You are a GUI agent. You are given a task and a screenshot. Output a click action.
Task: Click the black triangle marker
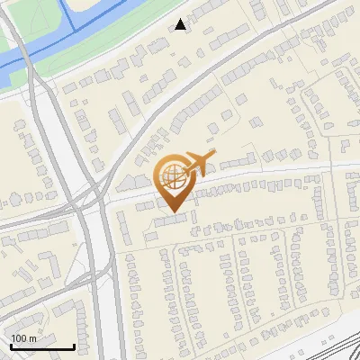[x=181, y=24]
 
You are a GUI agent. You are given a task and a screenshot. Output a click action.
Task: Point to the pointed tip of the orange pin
[x=172, y=212]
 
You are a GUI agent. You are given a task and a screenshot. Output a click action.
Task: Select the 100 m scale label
[x=23, y=337]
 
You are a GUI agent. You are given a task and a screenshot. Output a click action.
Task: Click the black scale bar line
[x=41, y=346]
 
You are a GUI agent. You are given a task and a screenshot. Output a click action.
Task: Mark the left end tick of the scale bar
[x=11, y=345]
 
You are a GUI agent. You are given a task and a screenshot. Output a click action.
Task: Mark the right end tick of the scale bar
[x=73, y=345]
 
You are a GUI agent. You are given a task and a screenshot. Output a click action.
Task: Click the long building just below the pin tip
[x=171, y=220]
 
